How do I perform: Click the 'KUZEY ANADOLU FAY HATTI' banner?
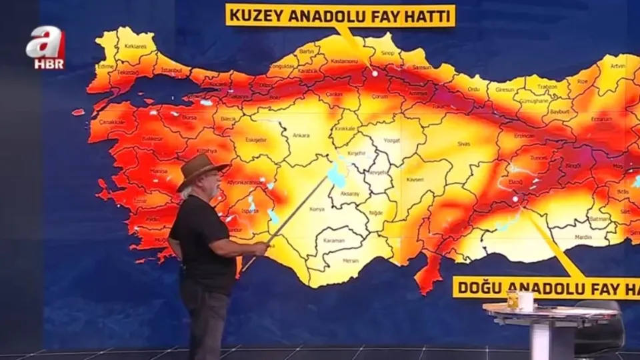(340, 15)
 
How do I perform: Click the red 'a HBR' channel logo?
(45, 49)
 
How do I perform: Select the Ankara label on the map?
(301, 135)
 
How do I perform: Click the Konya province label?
(317, 209)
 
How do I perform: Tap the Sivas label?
(463, 144)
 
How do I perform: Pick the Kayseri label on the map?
(415, 179)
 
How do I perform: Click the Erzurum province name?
(600, 119)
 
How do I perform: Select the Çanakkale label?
(112, 122)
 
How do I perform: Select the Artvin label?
(617, 67)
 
